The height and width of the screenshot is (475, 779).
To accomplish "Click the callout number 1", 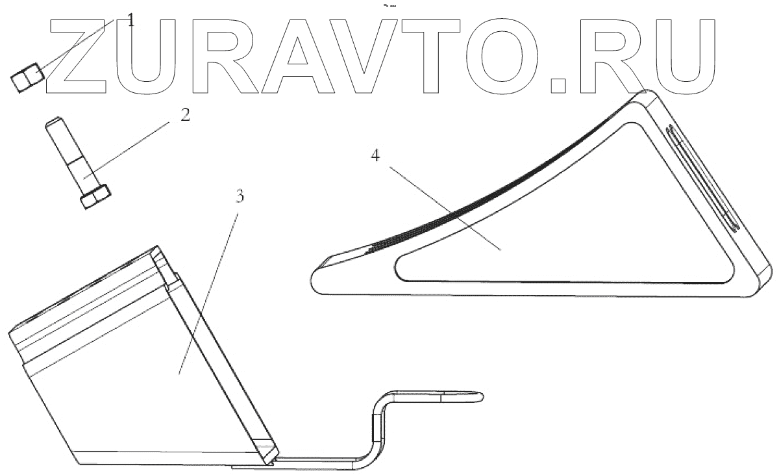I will (x=130, y=19).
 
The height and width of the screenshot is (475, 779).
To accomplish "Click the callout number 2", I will (x=185, y=116).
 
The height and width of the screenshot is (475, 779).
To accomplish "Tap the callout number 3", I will (x=240, y=196).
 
